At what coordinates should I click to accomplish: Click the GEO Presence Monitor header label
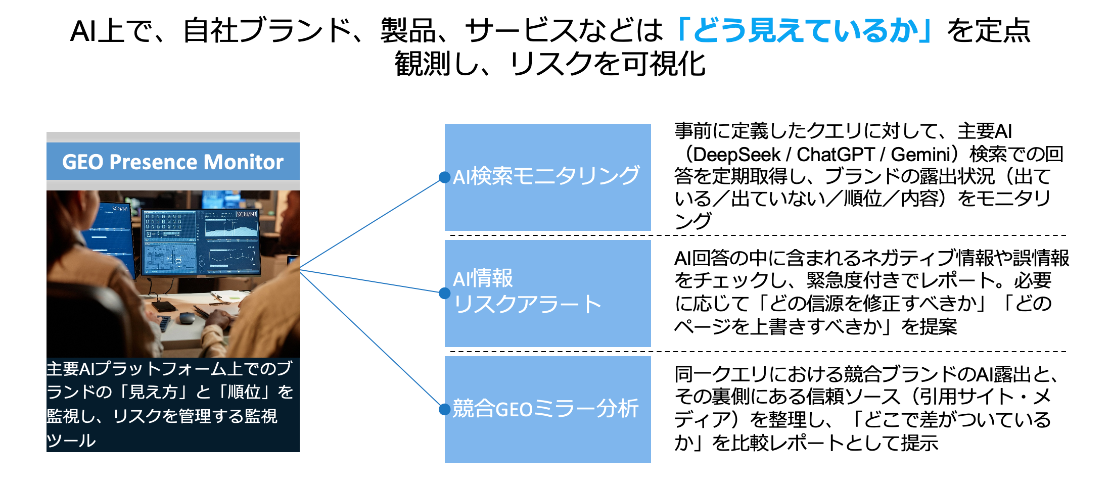click(x=172, y=162)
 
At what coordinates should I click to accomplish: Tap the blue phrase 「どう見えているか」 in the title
click(x=805, y=31)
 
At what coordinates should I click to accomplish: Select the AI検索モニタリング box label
click(x=546, y=176)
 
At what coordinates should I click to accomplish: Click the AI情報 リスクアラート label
click(x=527, y=291)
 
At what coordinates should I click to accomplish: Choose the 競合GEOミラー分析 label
click(x=545, y=409)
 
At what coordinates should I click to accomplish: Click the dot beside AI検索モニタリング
click(x=445, y=177)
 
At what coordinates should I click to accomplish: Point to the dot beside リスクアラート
click(x=445, y=293)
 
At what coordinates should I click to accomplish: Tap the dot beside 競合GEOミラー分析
click(x=445, y=409)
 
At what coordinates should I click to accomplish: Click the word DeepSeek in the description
click(x=736, y=155)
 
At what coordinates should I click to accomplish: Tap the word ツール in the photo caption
click(x=71, y=441)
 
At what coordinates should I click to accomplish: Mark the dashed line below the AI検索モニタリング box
click(x=758, y=235)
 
